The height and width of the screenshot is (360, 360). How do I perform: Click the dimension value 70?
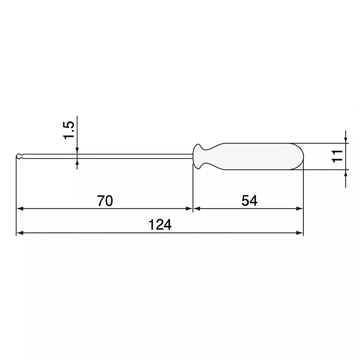click(105, 201)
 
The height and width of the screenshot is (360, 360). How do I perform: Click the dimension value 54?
click(249, 201)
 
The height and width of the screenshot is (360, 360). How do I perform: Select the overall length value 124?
click(160, 225)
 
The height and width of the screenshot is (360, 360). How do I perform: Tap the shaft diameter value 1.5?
click(68, 130)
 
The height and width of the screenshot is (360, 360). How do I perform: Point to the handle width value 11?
click(337, 156)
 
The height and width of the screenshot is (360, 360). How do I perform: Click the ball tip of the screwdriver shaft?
click(19, 157)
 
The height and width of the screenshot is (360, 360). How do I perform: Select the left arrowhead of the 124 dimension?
click(20, 233)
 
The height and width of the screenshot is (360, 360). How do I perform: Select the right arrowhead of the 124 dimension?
click(300, 233)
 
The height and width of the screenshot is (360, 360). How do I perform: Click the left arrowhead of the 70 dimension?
click(20, 208)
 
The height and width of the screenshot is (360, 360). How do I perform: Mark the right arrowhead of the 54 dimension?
click(300, 208)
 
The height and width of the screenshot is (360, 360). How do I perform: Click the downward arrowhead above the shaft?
click(77, 150)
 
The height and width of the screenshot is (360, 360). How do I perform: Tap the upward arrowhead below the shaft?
click(77, 162)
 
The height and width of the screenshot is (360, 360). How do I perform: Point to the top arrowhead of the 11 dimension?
click(346, 139)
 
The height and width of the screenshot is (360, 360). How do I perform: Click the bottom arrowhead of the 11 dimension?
click(346, 173)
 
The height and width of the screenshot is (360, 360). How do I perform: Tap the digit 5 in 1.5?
click(69, 125)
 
